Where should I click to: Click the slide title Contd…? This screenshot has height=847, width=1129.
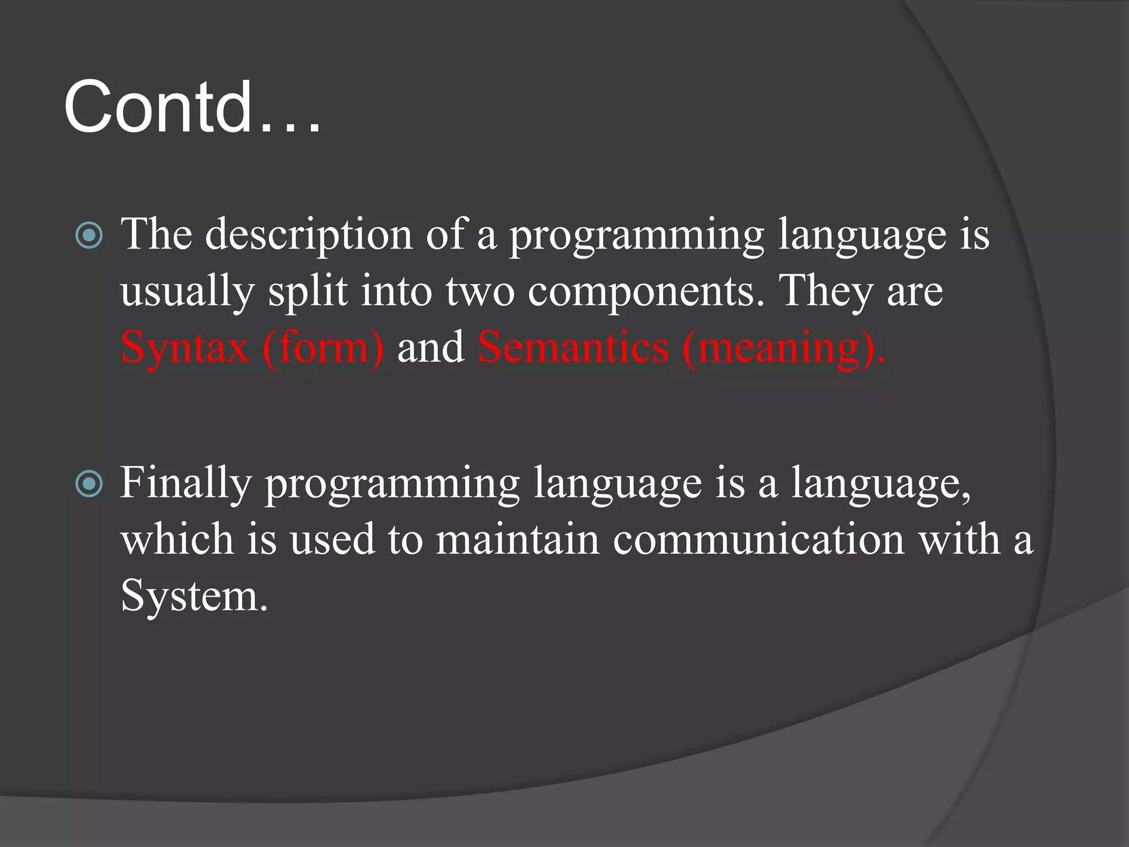tap(192, 106)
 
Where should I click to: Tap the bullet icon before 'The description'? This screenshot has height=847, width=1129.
tap(89, 235)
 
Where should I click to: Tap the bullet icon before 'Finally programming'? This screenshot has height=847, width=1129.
tap(89, 484)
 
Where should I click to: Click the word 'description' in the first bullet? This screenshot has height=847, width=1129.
tap(309, 235)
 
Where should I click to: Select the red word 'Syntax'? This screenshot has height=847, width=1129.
tap(185, 349)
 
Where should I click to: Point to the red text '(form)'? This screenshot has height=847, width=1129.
tap(323, 349)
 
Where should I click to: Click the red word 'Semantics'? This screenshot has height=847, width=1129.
tap(573, 347)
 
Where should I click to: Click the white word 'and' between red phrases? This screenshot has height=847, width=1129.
tap(431, 347)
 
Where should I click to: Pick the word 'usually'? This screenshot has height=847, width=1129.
tap(187, 292)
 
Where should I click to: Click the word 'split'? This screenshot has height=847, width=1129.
tap(308, 292)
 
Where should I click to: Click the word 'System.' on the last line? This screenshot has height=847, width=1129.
tap(194, 596)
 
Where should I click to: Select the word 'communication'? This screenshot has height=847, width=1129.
tap(759, 539)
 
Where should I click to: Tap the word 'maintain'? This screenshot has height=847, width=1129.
tap(517, 539)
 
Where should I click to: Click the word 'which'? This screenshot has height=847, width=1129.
tap(177, 539)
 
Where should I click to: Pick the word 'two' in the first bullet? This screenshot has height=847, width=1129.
tap(480, 292)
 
